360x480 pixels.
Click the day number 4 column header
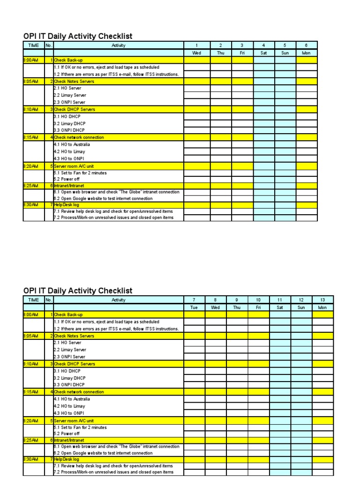(264, 45)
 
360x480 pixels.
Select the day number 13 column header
(322, 300)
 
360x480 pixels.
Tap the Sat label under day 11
(280, 307)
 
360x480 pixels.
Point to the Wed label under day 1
(197, 53)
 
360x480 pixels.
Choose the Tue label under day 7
(194, 307)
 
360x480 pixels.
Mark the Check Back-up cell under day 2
(220, 60)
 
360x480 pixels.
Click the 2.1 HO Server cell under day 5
(285, 88)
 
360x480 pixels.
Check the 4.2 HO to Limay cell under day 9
(237, 406)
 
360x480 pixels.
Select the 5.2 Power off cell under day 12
(301, 434)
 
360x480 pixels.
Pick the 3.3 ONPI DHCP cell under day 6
(307, 130)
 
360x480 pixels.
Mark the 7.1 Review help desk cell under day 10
(259, 466)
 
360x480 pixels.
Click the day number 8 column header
(215, 300)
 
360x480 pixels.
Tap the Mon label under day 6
(307, 53)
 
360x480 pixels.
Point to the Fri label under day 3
(242, 53)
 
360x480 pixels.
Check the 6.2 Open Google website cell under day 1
(197, 198)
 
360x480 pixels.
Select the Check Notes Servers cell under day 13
(322, 336)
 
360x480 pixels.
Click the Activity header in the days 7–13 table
(119, 300)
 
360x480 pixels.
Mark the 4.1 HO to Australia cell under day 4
(264, 144)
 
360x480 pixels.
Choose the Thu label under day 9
(237, 307)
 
